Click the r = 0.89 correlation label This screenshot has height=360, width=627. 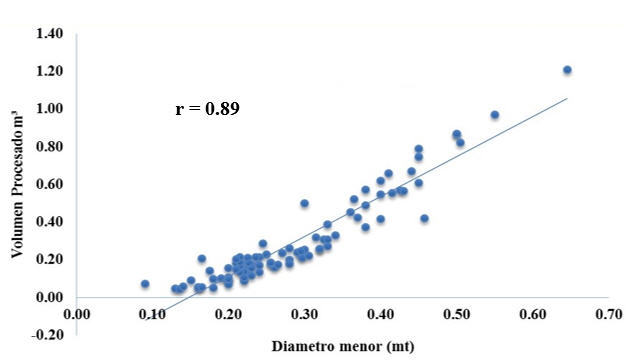[x=207, y=108]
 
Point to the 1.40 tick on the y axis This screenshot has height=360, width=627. [x=49, y=34]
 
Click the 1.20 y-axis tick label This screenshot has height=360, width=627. [x=49, y=71]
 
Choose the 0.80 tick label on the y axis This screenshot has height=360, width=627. [x=49, y=146]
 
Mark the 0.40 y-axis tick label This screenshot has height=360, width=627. [x=49, y=221]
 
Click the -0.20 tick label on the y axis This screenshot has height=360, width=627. [x=47, y=334]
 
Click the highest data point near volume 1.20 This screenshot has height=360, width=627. [x=567, y=70]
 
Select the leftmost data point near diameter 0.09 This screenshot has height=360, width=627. [x=145, y=284]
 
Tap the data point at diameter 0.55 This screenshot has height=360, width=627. [x=494, y=115]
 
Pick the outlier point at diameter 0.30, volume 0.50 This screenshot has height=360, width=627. [x=304, y=203]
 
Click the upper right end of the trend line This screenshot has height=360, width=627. [x=566, y=99]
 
